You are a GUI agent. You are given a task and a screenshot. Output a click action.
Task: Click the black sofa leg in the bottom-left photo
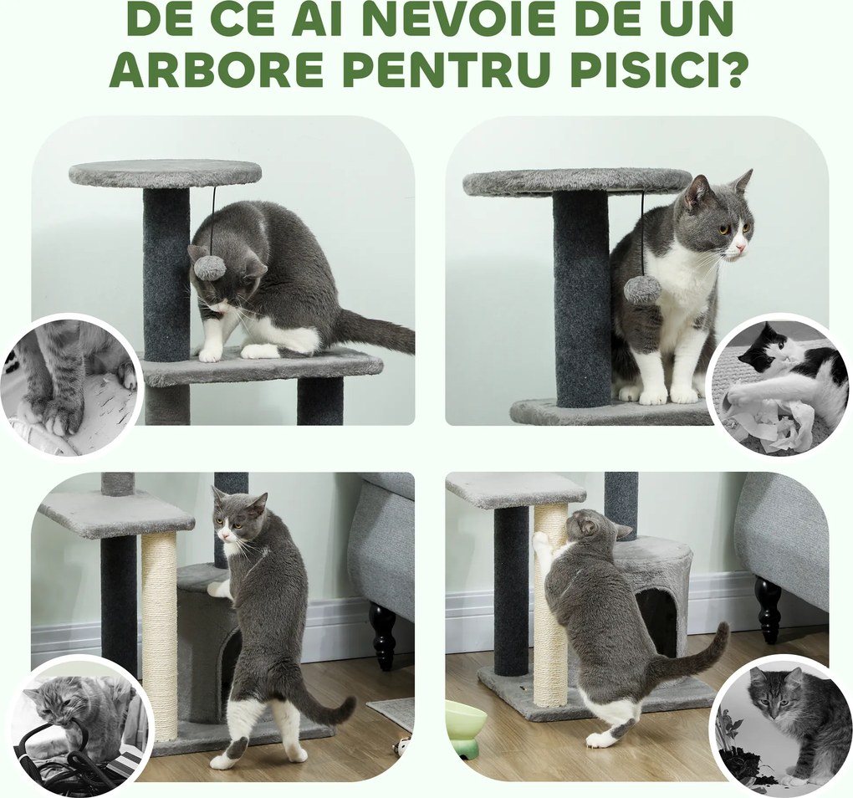(x=383, y=636)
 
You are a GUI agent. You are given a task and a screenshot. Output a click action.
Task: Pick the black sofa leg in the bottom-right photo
(x=767, y=609)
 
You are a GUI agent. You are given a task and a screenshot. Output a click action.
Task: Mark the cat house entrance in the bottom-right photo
(x=656, y=619)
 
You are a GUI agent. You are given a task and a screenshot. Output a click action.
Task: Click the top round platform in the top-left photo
(x=165, y=174)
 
